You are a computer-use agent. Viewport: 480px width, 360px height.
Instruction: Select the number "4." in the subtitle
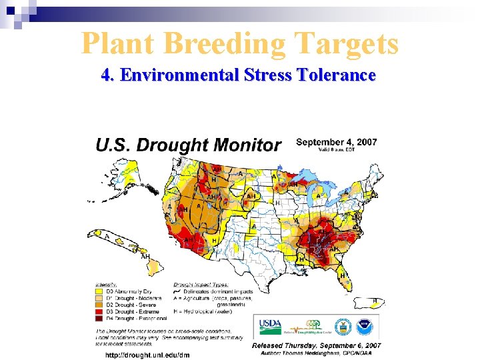(x=109, y=75)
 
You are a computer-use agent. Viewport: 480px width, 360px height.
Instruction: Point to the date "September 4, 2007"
(x=337, y=142)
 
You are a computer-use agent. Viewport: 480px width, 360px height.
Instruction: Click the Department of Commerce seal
(x=343, y=327)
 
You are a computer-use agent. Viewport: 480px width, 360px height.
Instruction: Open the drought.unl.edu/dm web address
(x=147, y=355)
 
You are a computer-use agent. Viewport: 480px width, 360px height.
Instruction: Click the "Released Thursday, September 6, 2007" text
(x=316, y=345)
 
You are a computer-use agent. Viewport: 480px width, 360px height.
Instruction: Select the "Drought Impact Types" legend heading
(x=198, y=284)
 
